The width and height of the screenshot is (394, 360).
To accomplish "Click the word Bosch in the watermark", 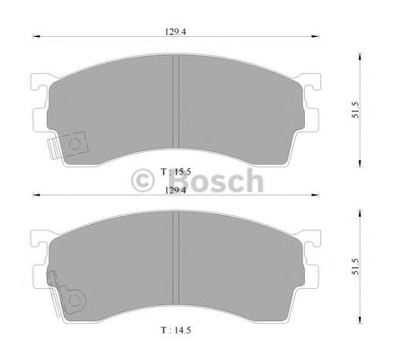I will tap(211, 183).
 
